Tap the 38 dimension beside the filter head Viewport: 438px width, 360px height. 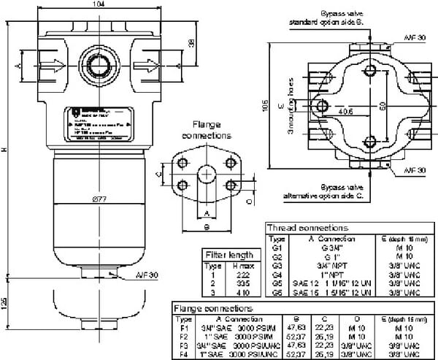coord(191,42)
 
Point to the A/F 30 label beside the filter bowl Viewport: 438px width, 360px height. coord(145,275)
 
